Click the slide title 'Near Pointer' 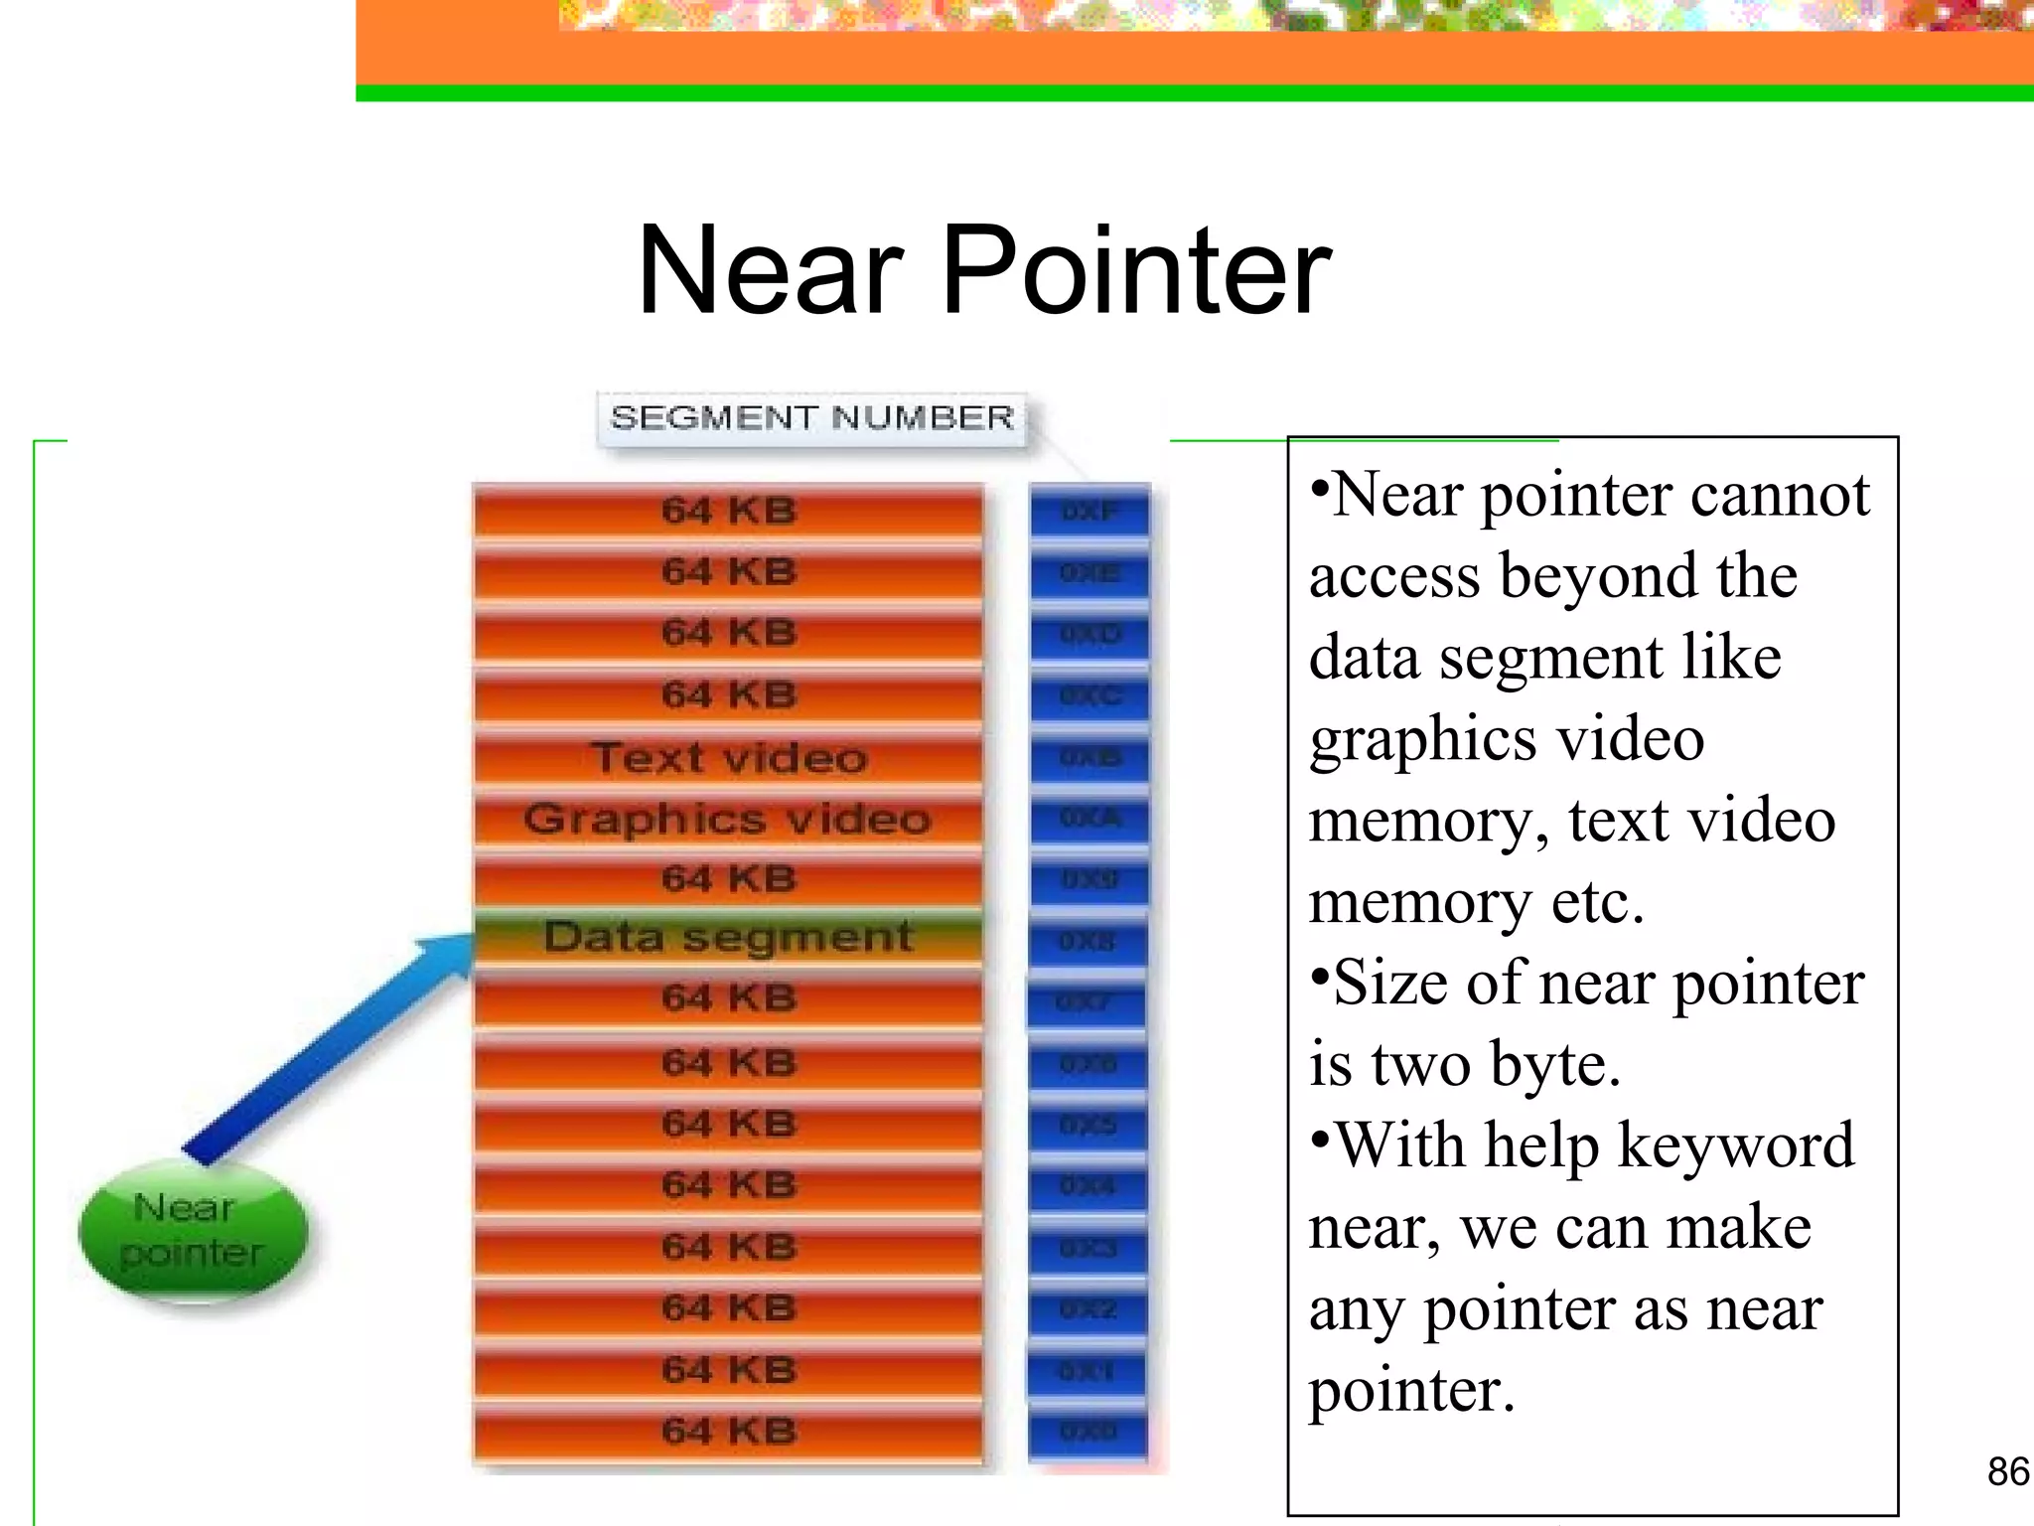tap(983, 270)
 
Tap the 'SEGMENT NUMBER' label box tap(811, 418)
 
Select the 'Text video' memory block tap(729, 757)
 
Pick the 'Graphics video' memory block tap(729, 819)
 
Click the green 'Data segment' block tap(729, 937)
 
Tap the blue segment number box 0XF tap(1090, 512)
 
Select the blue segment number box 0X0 tap(1088, 1432)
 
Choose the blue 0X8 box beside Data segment tap(1088, 941)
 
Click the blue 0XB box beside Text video tap(1090, 757)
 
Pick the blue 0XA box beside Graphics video tap(1090, 819)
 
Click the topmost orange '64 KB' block tap(729, 512)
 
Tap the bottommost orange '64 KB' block tap(729, 1432)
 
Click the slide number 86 tap(2007, 1471)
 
